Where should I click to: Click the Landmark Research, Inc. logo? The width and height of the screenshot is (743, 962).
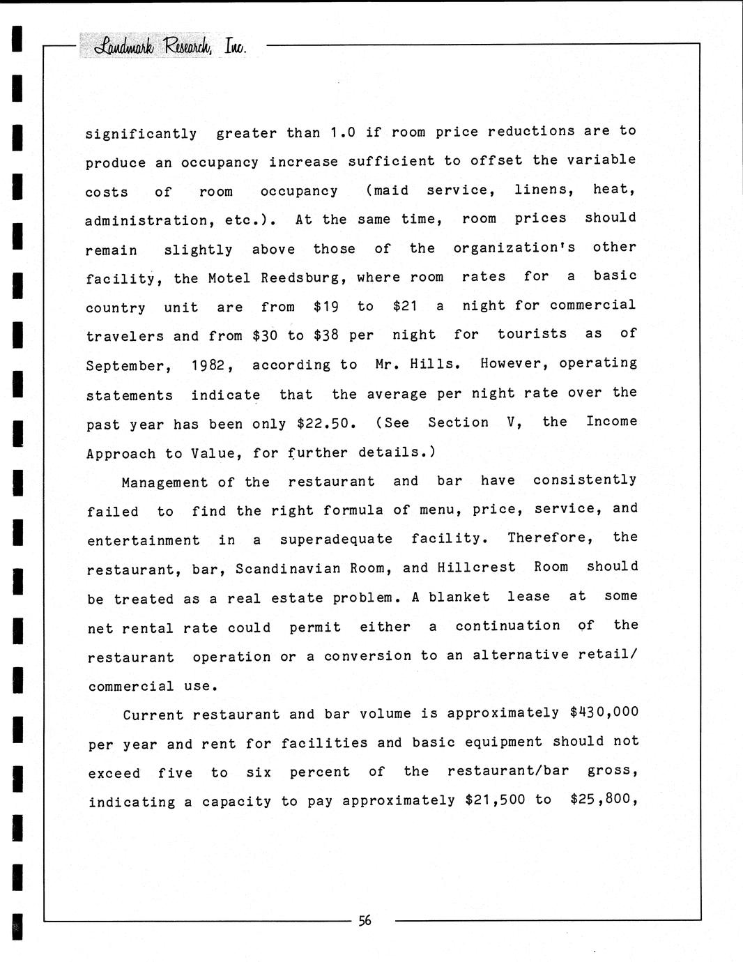[x=164, y=46]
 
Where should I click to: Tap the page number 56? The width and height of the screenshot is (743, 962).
[x=365, y=920]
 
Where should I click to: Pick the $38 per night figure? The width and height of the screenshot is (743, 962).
[x=326, y=336]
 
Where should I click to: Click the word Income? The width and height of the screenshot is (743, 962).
[x=611, y=421]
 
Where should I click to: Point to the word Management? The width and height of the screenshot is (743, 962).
[x=164, y=482]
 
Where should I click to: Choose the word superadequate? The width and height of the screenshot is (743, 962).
[x=336, y=540]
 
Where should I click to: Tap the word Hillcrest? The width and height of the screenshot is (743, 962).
[x=476, y=567]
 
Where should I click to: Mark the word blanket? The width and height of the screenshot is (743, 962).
[x=459, y=597]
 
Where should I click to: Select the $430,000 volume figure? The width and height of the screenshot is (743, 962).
[x=604, y=712]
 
